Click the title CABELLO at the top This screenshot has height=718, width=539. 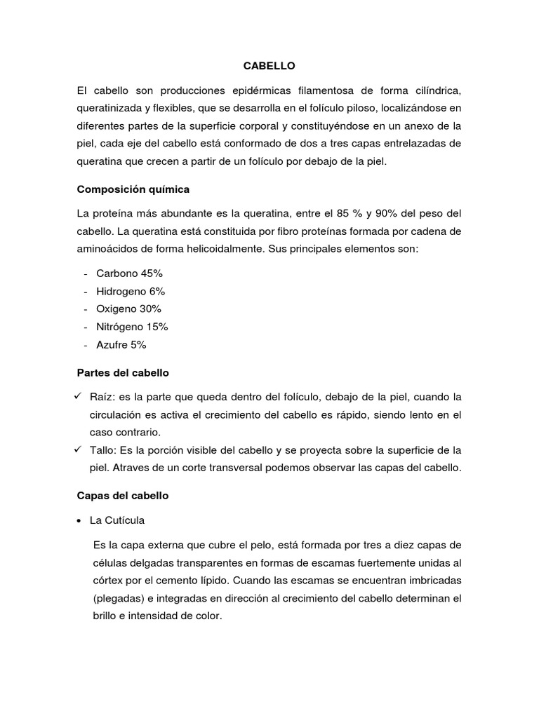point(269,66)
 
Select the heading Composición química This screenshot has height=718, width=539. point(133,189)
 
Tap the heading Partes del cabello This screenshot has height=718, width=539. point(123,373)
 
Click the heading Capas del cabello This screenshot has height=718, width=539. point(123,495)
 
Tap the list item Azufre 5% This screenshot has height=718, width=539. point(126,345)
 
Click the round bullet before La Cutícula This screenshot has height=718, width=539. point(80,520)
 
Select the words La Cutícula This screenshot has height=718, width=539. point(117,520)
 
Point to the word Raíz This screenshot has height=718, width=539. point(103,398)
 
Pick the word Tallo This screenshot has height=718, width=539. point(104,449)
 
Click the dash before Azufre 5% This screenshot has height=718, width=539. point(86,345)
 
